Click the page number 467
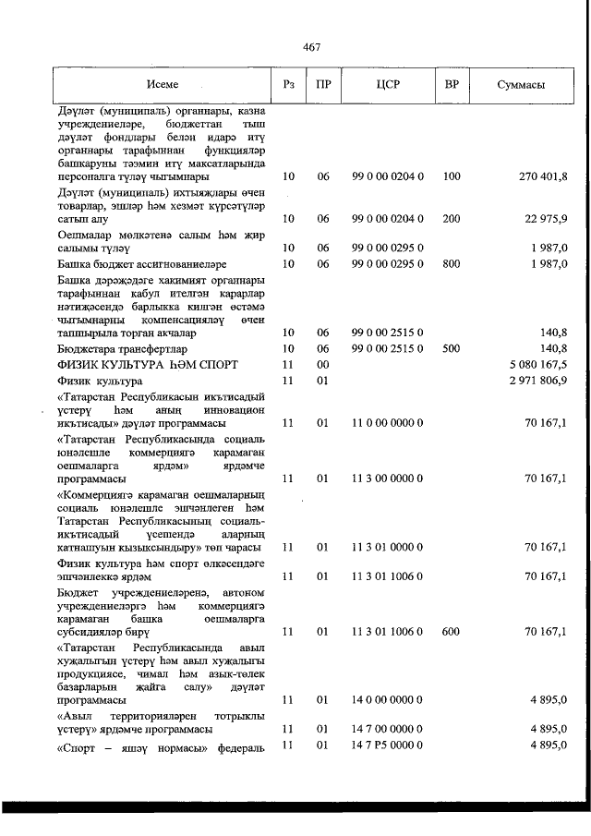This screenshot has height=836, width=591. click(310, 48)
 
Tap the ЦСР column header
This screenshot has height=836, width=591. click(388, 84)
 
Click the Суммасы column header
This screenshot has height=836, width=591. click(520, 84)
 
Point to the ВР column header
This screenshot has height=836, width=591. click(452, 84)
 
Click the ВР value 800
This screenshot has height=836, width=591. click(452, 264)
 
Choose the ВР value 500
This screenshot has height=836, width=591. click(452, 349)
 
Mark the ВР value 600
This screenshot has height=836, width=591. click(452, 632)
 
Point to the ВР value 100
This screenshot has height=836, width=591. click(452, 176)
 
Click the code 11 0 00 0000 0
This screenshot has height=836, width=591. click(388, 423)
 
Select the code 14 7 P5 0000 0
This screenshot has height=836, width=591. click(388, 745)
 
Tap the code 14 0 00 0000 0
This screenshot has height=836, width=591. click(388, 701)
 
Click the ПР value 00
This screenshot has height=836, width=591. click(323, 365)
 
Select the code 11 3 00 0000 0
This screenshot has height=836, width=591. click(388, 479)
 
